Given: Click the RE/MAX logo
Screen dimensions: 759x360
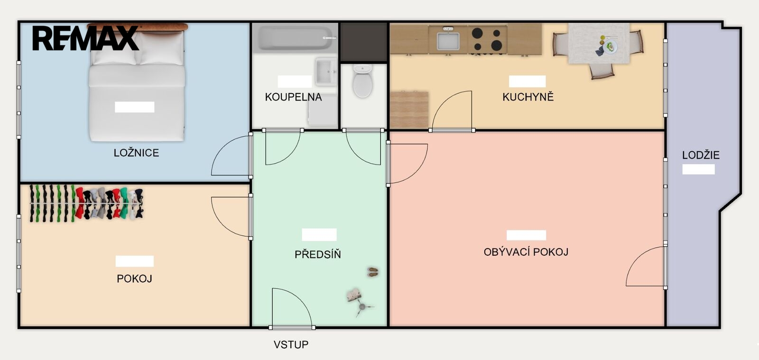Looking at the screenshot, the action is click(85, 38).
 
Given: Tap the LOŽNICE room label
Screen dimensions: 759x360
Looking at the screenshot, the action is click(136, 153).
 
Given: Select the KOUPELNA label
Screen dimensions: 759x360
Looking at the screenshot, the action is click(294, 97).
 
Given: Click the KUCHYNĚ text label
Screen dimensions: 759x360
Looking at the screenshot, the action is click(528, 96).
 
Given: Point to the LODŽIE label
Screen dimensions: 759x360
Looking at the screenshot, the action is click(701, 155).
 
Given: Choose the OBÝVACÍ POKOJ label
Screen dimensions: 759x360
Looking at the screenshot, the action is click(526, 252).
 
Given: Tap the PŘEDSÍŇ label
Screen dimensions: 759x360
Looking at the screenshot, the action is click(318, 254).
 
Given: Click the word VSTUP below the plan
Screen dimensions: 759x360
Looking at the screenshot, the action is click(291, 345).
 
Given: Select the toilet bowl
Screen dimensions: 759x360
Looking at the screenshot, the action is click(362, 81).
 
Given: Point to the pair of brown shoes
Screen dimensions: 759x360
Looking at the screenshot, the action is click(373, 272).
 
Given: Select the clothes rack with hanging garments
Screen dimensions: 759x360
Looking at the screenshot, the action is click(86, 203).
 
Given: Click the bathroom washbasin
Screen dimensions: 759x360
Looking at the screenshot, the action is click(325, 72).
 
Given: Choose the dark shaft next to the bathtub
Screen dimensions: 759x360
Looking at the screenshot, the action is click(363, 42).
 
